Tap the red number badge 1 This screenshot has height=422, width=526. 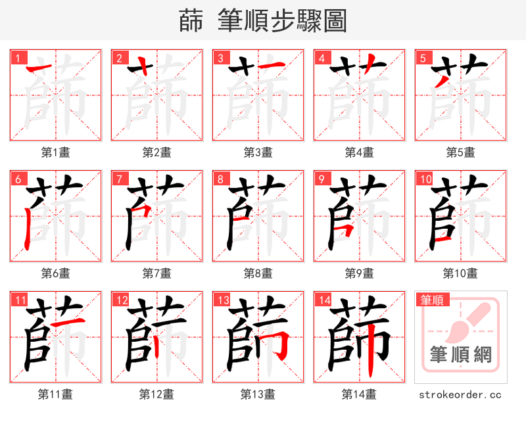[x=18, y=58]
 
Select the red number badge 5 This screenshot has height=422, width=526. [x=423, y=58]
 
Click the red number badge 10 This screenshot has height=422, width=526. [x=425, y=179]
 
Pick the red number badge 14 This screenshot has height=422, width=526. [x=323, y=300]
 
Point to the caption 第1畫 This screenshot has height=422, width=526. [x=56, y=152]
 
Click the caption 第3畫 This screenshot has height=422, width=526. [x=258, y=152]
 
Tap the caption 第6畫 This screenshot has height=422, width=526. [x=56, y=273]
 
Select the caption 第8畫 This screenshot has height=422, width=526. [x=258, y=273]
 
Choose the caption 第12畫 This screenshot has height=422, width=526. [x=157, y=394]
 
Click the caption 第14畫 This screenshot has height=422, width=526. [x=360, y=394]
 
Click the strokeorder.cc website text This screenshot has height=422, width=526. [x=460, y=394]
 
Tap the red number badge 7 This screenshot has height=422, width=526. [x=119, y=179]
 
